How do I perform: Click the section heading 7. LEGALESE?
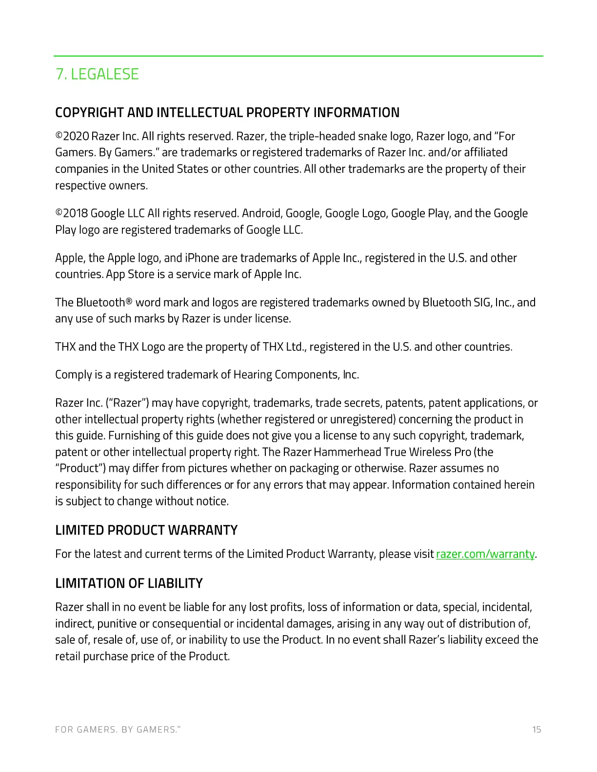click(97, 74)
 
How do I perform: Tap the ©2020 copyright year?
click(72, 136)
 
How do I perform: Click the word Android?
click(261, 213)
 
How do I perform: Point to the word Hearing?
click(252, 375)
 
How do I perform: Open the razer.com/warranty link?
click(485, 554)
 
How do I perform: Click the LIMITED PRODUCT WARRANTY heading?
click(146, 530)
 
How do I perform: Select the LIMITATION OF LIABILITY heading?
click(129, 583)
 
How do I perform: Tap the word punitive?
click(117, 624)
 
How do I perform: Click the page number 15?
click(537, 730)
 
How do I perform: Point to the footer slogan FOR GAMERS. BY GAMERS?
click(118, 730)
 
